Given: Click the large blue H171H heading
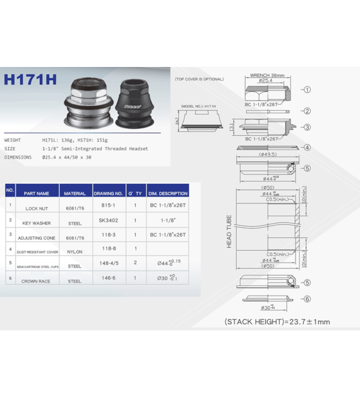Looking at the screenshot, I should coord(30,80).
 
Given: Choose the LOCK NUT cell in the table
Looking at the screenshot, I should coord(37,207).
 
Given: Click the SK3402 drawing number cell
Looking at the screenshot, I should coord(108,220).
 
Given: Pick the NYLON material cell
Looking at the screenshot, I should coord(75,251).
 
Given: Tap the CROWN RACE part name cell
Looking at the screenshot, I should coord(37,280).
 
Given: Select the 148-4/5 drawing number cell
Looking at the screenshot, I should coord(108,265).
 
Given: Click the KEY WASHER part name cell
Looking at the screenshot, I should coord(37,222).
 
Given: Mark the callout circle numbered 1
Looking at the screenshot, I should coord(307,90).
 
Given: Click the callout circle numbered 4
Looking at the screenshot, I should coord(307,148).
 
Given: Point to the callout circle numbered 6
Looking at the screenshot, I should coord(307,299).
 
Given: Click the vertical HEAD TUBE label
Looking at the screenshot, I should coord(229,231).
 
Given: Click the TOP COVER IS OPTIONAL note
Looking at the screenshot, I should coord(200,80).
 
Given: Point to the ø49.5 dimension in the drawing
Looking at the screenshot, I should coord(268,154).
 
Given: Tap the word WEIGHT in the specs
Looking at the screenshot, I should coord(13,140).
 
